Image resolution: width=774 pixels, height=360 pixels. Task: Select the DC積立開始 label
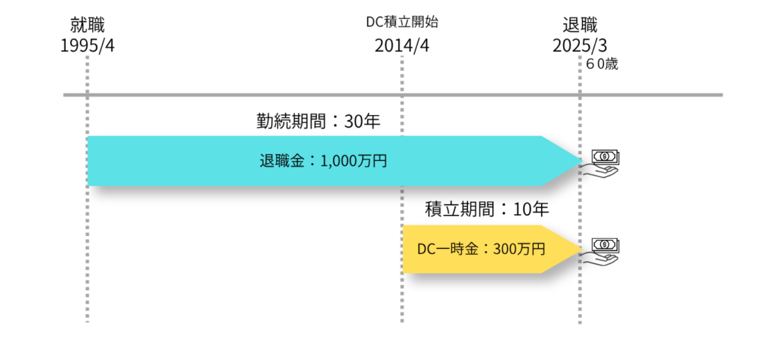401,22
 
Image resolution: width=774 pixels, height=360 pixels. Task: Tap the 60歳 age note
602,64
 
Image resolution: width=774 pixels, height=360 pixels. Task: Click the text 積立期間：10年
487,209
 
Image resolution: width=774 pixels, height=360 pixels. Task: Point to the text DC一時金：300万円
481,248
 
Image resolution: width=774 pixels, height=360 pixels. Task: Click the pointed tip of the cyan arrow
579,160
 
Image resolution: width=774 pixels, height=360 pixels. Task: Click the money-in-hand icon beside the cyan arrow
602,163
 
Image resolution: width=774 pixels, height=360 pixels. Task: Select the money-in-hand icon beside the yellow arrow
602,251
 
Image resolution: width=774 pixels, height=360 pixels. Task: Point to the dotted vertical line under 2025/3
580,303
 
